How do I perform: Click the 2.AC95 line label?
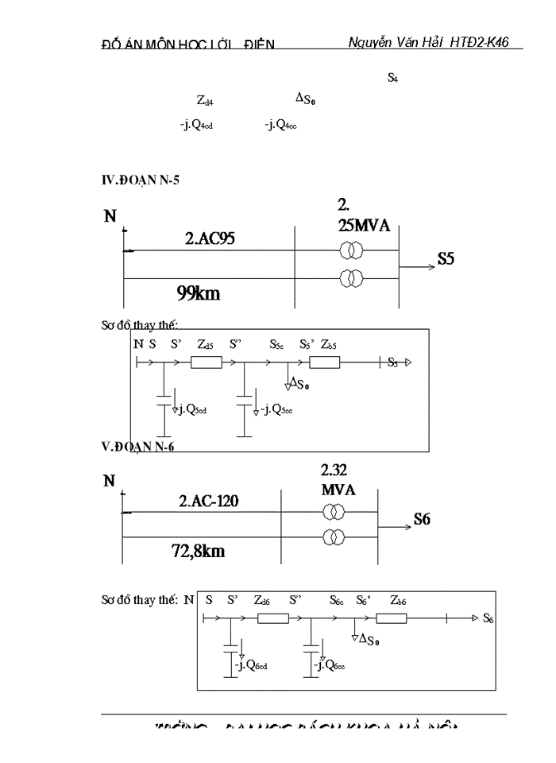point(210,237)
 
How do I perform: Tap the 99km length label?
point(199,293)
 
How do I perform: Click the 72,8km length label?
point(199,551)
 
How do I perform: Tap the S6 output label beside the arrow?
point(421,521)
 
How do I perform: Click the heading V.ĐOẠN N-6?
point(137,447)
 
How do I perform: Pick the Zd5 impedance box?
point(207,362)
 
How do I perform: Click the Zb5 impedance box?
point(324,362)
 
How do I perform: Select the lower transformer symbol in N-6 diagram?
point(334,538)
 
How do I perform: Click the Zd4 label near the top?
point(205,101)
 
